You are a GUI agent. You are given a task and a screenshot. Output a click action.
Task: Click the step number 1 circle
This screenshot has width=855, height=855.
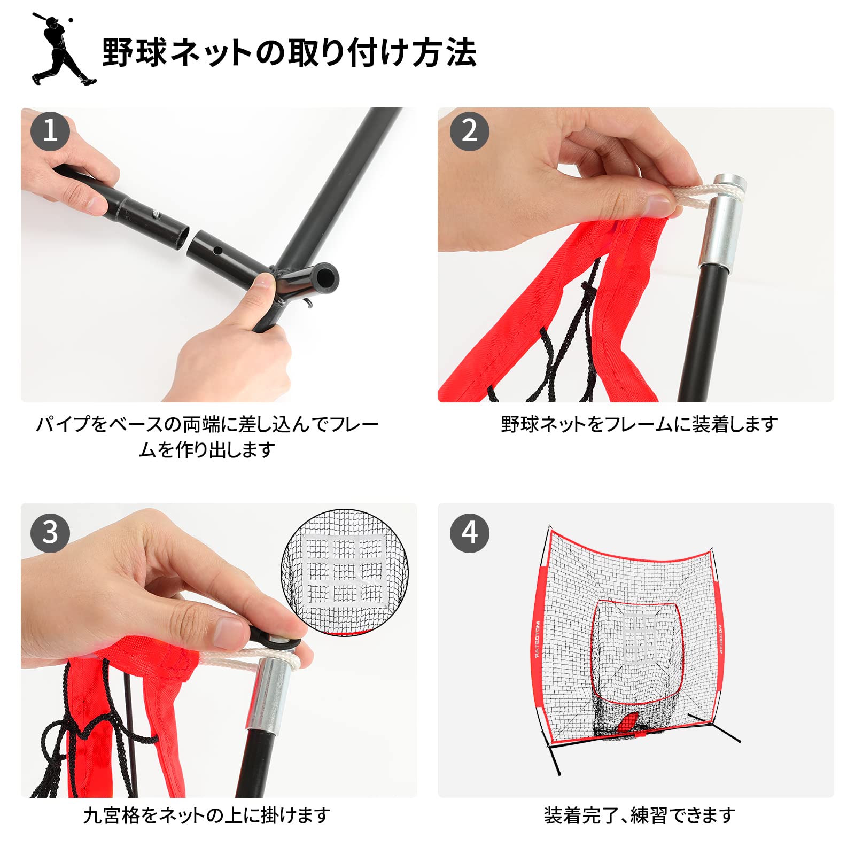(x=50, y=131)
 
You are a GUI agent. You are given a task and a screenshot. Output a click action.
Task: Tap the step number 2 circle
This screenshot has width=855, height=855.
(x=469, y=131)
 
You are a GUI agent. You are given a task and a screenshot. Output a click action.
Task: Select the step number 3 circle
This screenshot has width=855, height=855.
(x=50, y=533)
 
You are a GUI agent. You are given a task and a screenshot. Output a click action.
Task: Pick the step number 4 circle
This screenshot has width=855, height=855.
(x=469, y=533)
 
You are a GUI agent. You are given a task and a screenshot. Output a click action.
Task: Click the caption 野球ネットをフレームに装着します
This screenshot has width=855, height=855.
(x=639, y=424)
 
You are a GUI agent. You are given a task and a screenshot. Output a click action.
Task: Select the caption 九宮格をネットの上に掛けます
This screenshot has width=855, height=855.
(x=207, y=815)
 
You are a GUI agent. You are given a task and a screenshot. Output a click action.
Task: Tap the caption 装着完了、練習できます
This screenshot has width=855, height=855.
(x=639, y=815)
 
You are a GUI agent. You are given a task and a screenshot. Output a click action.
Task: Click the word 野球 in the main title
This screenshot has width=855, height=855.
(x=134, y=52)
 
